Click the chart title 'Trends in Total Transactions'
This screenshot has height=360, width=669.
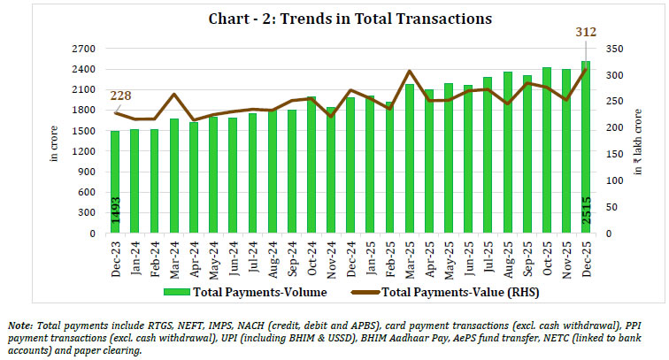tap(334, 18)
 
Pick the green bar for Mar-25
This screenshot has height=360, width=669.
tap(408, 159)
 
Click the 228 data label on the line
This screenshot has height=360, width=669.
tap(122, 96)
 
